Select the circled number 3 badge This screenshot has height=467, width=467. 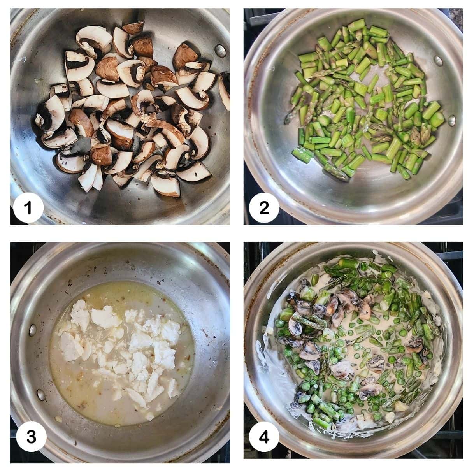coord(31,437)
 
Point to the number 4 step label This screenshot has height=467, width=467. coord(264,437)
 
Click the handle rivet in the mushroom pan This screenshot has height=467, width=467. coord(220,51)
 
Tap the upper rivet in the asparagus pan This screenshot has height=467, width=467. coord(439,61)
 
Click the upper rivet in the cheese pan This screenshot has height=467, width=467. coord(33,330)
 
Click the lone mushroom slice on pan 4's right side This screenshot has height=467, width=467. coord(414,344)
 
